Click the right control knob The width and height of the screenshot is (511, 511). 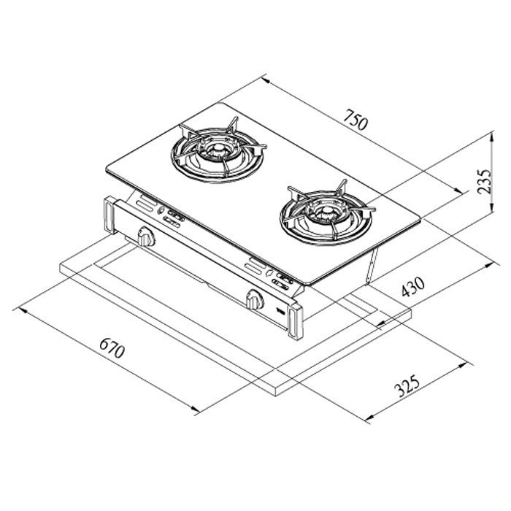[x=254, y=299]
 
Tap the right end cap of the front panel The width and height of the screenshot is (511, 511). [x=296, y=321]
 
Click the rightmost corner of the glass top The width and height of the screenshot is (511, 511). [x=423, y=217]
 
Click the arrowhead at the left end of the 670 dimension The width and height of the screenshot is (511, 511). [x=20, y=309]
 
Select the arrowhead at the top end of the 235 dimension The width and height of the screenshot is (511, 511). [x=490, y=136]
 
